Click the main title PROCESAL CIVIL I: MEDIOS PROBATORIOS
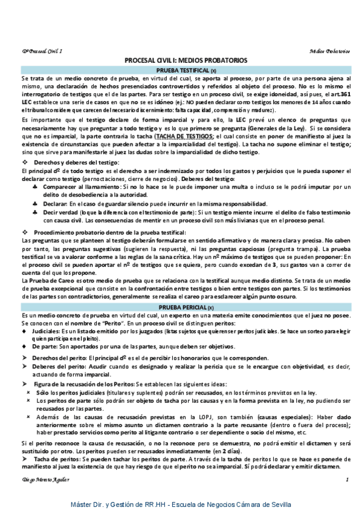tap(181, 61)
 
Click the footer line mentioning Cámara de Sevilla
tap(181, 504)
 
